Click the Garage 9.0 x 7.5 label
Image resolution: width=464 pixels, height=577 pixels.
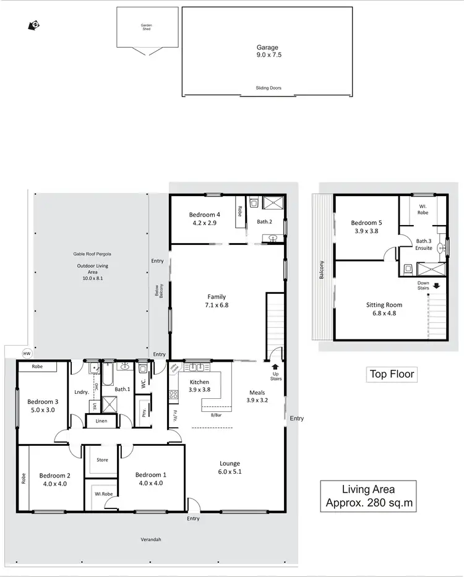tap(269, 51)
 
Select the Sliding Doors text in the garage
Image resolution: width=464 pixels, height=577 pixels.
tap(269, 88)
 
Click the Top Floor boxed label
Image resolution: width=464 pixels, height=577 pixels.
tap(392, 374)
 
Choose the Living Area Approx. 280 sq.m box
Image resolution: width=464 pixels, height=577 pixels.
tap(369, 497)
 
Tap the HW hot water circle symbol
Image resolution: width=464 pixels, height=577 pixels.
tap(27, 353)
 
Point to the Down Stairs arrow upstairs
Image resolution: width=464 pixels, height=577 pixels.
tap(437, 286)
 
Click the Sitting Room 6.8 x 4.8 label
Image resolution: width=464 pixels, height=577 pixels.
tap(385, 309)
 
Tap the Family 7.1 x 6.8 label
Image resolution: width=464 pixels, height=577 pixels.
tap(217, 301)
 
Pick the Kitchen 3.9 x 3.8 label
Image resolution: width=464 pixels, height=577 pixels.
tap(199, 386)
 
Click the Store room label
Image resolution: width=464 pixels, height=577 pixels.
tap(102, 459)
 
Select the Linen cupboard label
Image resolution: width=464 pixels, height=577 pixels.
tap(101, 421)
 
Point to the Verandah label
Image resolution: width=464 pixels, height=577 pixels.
tap(150, 539)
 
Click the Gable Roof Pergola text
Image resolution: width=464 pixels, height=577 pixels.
tap(92, 254)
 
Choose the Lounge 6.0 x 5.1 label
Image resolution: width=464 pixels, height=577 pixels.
tap(230, 467)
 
